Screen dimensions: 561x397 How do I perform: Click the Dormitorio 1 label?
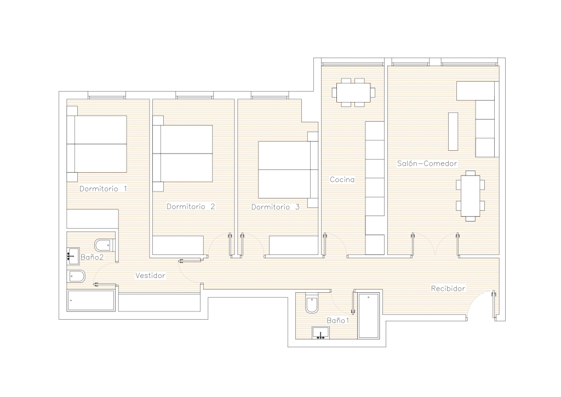click(103, 189)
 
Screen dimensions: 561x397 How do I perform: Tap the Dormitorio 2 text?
click(191, 207)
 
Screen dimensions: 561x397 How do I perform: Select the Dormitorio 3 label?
click(276, 207)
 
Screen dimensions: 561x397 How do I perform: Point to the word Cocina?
click(342, 180)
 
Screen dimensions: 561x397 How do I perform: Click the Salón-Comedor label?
click(427, 163)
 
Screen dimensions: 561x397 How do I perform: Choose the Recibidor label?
click(448, 288)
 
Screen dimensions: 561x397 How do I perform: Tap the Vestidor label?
click(150, 276)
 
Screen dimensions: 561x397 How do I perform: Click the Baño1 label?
click(337, 320)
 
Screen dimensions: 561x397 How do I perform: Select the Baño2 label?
click(92, 257)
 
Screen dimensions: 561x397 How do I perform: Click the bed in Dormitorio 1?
click(96, 144)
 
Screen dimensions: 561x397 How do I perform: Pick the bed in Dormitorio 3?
click(288, 169)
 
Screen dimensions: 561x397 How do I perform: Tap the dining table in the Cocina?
click(353, 92)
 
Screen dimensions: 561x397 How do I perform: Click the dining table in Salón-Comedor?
click(471, 196)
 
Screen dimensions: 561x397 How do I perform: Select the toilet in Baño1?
click(312, 303)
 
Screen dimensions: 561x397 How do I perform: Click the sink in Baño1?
click(321, 332)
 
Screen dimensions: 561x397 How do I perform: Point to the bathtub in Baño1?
click(369, 316)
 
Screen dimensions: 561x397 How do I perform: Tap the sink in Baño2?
click(73, 256)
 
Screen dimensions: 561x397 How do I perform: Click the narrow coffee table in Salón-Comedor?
click(453, 132)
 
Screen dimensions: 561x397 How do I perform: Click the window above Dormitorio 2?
click(194, 95)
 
